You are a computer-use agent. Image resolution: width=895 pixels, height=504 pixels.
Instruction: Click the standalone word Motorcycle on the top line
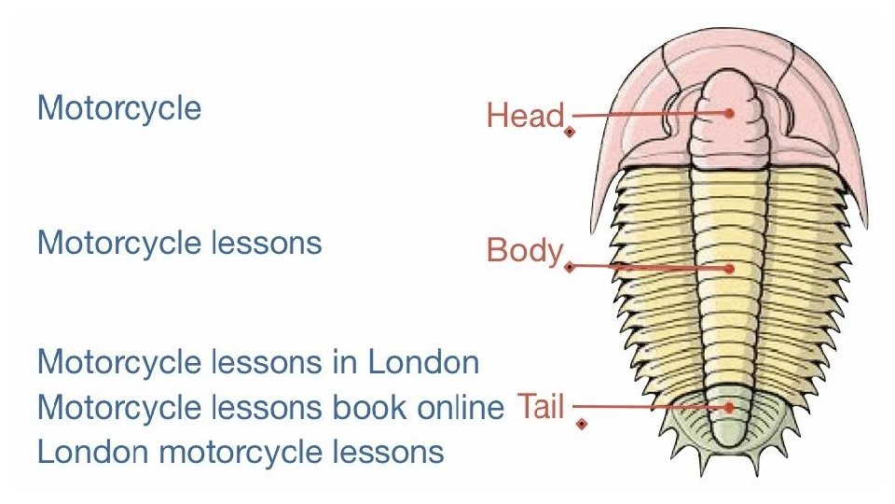[118, 108]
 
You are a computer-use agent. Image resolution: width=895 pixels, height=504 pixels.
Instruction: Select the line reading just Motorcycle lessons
[179, 244]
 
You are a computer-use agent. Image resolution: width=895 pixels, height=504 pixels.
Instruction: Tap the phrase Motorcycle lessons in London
[258, 361]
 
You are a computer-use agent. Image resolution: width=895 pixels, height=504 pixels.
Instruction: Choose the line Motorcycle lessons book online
[270, 407]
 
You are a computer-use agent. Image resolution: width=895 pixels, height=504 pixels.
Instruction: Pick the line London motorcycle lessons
[241, 453]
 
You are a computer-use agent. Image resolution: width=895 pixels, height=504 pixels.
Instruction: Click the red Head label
[525, 116]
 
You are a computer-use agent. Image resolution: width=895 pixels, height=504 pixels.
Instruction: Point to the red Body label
[524, 251]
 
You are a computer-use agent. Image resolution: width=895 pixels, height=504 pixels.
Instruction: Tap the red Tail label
[540, 408]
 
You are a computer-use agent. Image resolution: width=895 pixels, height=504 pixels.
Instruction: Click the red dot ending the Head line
[730, 114]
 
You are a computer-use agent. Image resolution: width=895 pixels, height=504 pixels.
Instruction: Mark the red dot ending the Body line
[730, 268]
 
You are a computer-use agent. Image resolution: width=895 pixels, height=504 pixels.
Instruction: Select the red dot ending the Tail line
[730, 407]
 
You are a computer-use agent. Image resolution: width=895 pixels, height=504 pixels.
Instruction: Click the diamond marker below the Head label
[570, 133]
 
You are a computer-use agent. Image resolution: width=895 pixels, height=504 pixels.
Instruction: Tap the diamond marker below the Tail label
[582, 425]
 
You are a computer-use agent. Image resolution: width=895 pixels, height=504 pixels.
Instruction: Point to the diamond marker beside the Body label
[569, 267]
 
